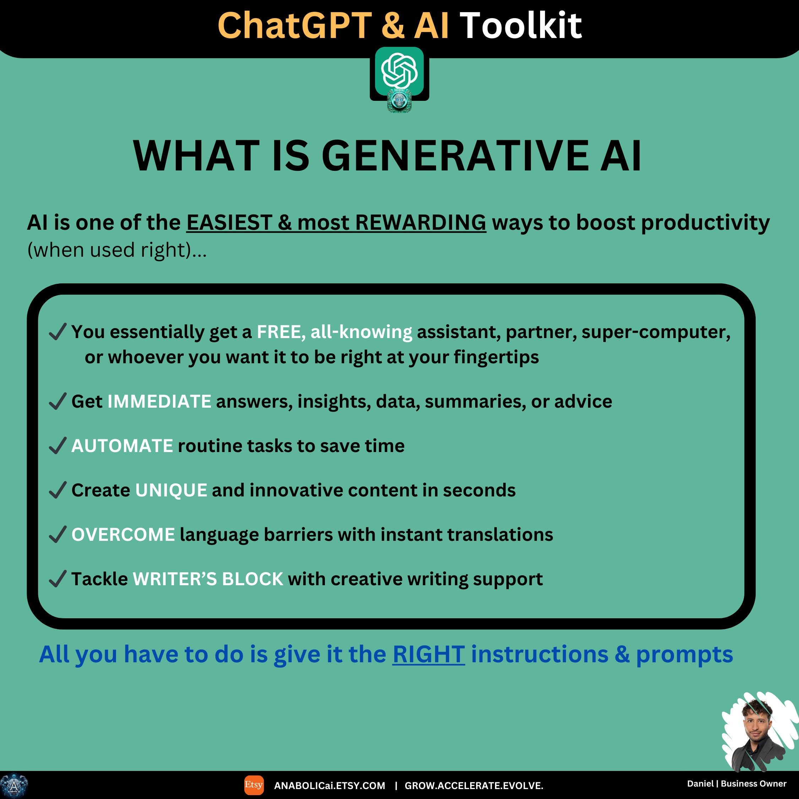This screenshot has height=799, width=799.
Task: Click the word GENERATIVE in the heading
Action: [455, 156]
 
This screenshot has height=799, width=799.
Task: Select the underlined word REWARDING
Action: [420, 223]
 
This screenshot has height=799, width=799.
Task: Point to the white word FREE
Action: [279, 332]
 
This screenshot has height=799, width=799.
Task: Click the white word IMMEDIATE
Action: [159, 401]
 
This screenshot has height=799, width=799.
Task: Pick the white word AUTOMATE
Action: [122, 446]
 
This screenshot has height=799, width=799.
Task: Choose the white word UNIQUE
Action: [171, 490]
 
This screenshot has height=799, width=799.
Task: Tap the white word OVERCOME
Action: [123, 534]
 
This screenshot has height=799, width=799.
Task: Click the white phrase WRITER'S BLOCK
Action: [208, 579]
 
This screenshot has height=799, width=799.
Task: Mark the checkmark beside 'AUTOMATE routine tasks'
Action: [58, 446]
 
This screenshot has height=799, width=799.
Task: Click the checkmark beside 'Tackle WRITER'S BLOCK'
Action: [58, 579]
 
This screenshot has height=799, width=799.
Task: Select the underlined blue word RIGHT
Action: [429, 654]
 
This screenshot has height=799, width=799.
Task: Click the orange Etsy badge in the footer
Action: [254, 785]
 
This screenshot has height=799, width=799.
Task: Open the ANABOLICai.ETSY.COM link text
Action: [329, 786]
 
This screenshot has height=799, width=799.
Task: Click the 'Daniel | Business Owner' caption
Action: [737, 784]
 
